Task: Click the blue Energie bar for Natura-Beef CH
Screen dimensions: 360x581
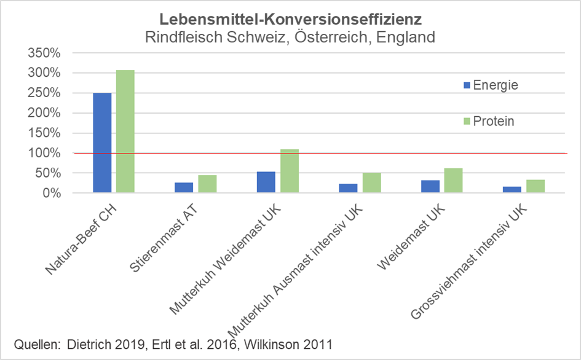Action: (x=102, y=143)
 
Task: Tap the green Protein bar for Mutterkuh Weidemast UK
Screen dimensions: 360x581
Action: (x=289, y=171)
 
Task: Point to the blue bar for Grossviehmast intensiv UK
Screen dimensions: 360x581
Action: (x=512, y=190)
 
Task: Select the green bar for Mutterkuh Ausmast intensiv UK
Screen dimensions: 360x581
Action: (x=371, y=183)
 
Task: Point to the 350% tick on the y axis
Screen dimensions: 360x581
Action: (x=45, y=53)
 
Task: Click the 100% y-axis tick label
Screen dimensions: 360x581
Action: (x=45, y=153)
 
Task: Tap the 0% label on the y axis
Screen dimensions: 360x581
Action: (x=51, y=193)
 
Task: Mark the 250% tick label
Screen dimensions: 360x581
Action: (x=45, y=93)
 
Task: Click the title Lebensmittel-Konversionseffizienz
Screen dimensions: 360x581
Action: (x=290, y=18)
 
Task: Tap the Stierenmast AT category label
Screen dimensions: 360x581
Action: (x=163, y=243)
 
